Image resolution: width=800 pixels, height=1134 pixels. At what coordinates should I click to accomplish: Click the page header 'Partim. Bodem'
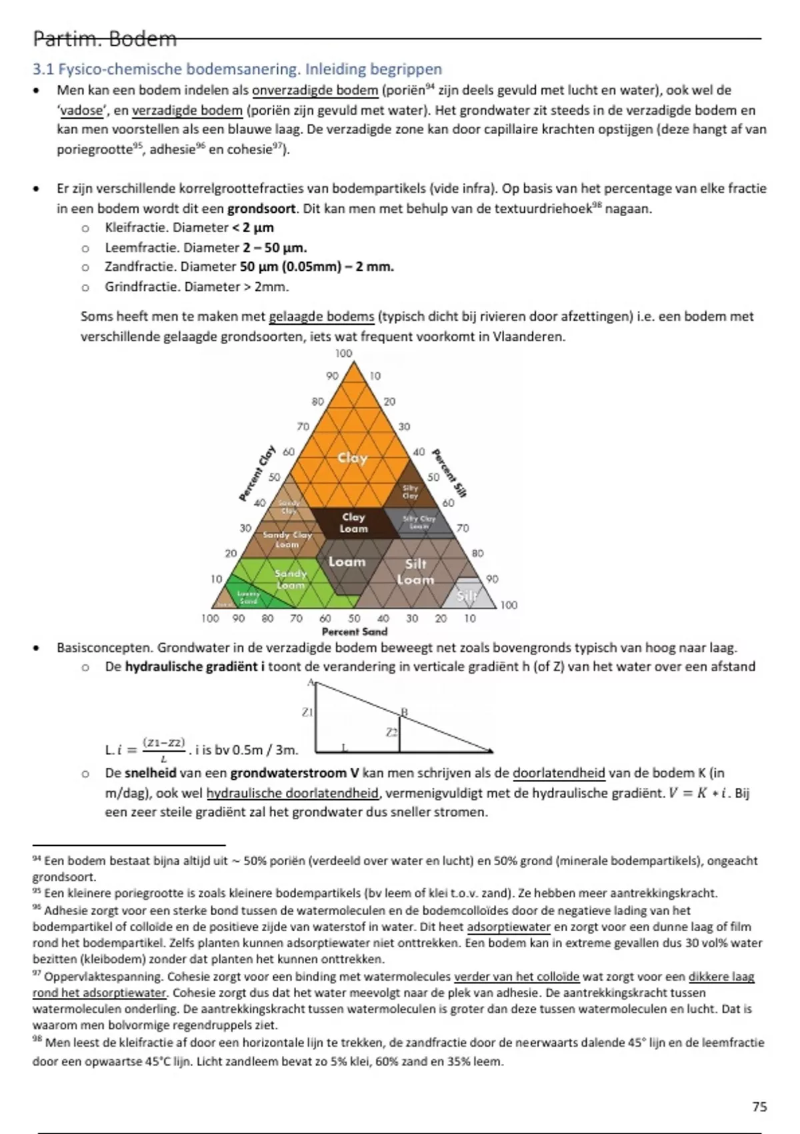[105, 39]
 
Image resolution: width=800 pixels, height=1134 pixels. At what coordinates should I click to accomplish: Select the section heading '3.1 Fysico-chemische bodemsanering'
[237, 69]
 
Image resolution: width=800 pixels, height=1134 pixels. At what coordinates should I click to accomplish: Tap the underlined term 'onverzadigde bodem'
[315, 90]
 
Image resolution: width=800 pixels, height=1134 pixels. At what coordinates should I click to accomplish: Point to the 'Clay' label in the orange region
[352, 458]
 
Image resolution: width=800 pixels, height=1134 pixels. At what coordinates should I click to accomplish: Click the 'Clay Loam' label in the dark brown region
[353, 522]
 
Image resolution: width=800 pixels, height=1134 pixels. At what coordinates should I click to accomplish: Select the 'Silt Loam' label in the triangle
[415, 572]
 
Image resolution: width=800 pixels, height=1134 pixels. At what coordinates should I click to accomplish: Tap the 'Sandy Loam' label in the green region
[291, 578]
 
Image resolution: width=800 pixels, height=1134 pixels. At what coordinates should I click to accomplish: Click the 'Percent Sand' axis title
[354, 632]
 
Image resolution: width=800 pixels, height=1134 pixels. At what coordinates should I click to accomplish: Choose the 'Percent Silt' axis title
[449, 473]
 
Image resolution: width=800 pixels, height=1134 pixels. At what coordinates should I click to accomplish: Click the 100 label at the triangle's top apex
[343, 353]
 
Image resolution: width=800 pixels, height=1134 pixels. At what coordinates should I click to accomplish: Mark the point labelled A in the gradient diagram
[311, 682]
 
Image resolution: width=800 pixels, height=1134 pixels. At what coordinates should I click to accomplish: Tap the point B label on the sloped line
[403, 712]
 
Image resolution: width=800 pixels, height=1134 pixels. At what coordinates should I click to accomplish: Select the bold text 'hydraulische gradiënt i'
[195, 666]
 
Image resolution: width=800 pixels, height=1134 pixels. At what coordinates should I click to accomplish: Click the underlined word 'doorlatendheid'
[559, 773]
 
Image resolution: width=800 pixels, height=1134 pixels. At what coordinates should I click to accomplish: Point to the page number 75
[759, 1107]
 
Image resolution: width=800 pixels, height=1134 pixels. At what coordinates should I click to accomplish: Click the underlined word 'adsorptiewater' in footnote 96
[509, 927]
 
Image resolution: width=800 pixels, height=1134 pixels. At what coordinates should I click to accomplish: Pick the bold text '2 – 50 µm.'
[275, 247]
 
